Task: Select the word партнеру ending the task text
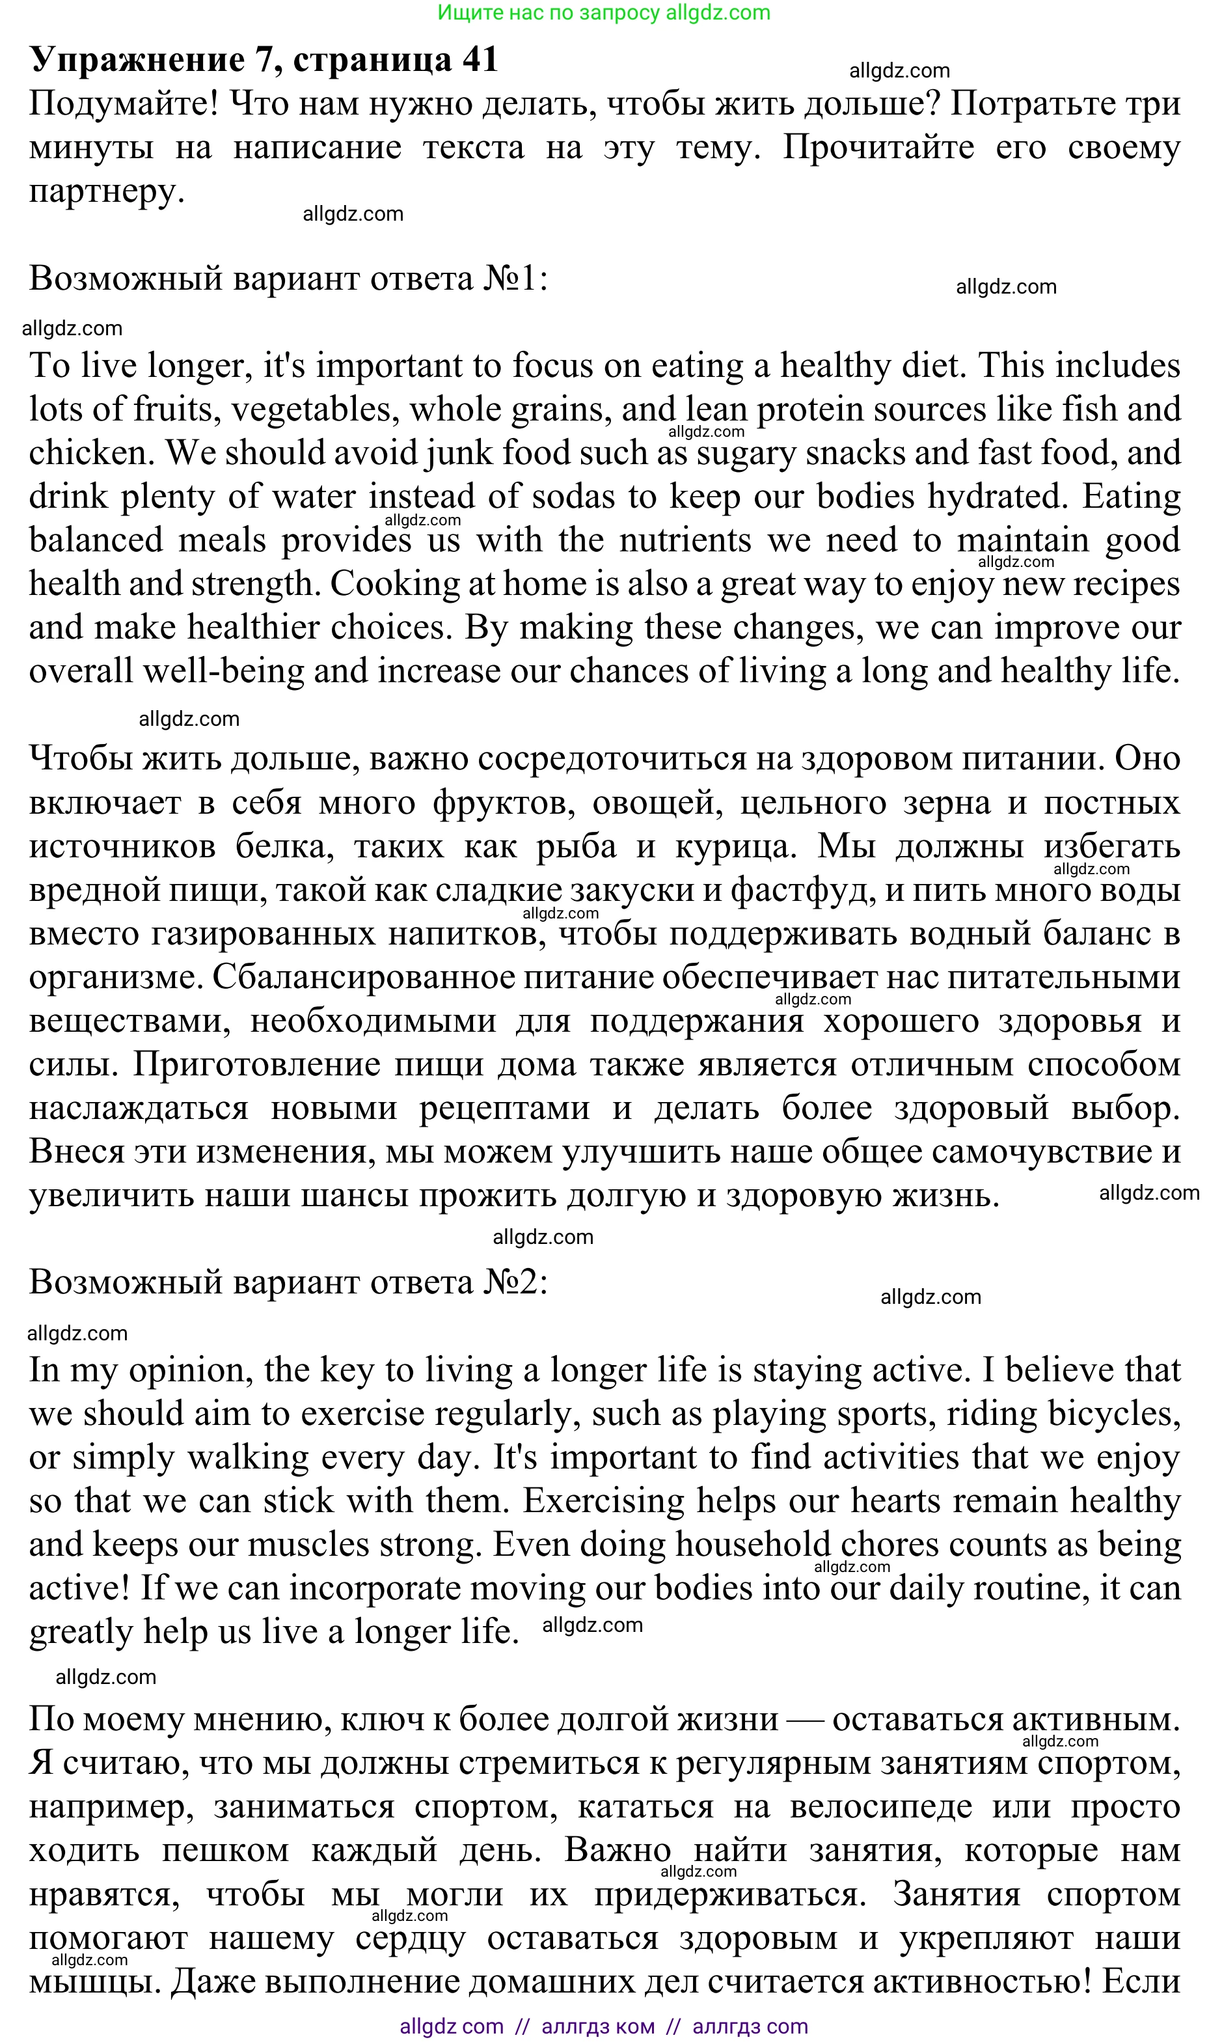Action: (x=106, y=192)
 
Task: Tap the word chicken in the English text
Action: (x=90, y=453)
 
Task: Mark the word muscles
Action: (x=309, y=1544)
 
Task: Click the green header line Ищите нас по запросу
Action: (x=603, y=13)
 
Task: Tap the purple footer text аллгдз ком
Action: (x=597, y=2026)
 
